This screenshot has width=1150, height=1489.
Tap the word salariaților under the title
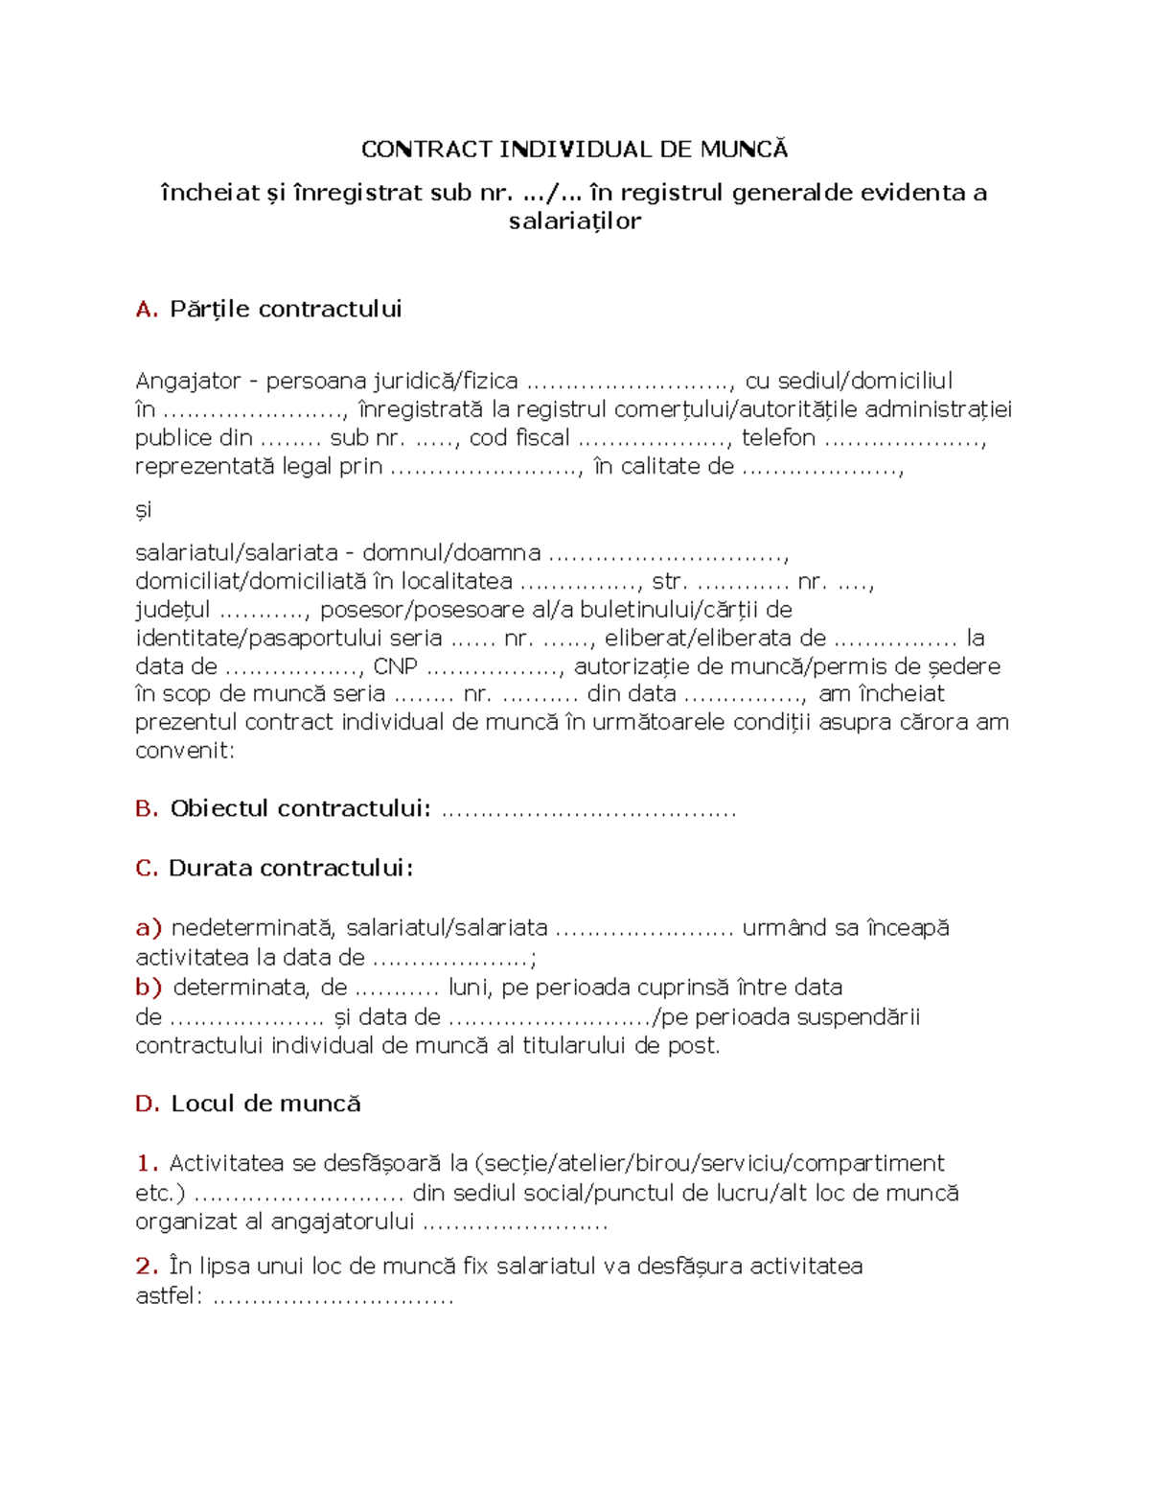tap(574, 221)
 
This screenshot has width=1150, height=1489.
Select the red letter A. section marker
tap(146, 310)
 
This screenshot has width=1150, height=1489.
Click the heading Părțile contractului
tap(286, 310)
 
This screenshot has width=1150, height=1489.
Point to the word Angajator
tap(188, 382)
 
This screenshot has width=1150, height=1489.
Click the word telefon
tap(778, 438)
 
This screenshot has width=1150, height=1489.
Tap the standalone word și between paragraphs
tap(144, 510)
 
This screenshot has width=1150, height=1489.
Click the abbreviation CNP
tap(396, 666)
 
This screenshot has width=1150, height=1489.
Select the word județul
tap(172, 610)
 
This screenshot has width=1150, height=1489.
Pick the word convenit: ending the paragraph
tap(185, 751)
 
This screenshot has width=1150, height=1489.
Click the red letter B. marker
tap(147, 809)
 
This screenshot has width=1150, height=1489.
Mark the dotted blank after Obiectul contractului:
tap(588, 811)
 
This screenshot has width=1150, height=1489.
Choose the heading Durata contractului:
tap(291, 869)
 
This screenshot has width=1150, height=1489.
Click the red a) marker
tap(149, 928)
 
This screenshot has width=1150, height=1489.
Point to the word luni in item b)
tap(469, 988)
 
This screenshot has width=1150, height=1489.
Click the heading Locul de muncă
tap(265, 1105)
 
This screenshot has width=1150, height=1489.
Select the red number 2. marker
tap(147, 1267)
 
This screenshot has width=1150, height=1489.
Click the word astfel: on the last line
tap(169, 1297)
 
